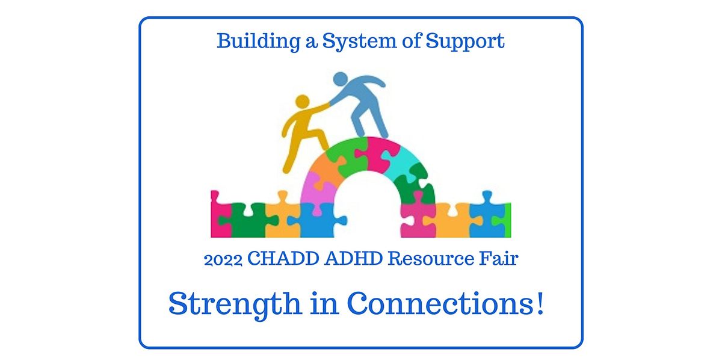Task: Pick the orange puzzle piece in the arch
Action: coord(325,171)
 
